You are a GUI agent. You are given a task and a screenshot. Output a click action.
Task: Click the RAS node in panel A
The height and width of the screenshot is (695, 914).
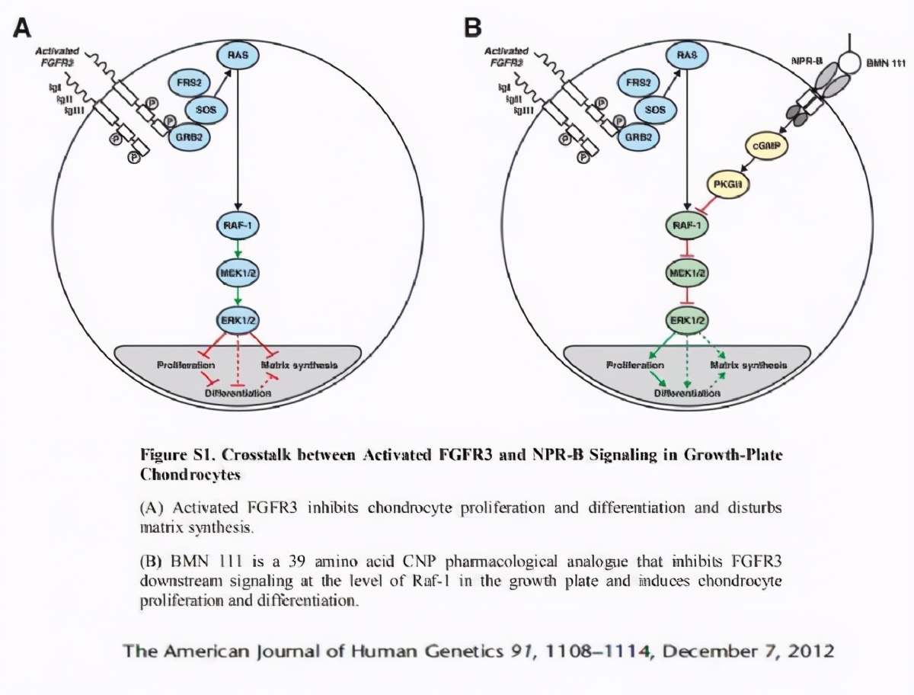pos(239,55)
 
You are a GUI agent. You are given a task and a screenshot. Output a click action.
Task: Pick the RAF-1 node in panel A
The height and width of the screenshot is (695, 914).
pos(238,226)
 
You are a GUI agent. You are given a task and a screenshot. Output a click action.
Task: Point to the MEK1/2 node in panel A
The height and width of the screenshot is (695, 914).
pos(238,274)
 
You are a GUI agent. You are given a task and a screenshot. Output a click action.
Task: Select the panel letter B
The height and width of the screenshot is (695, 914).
pos(472,28)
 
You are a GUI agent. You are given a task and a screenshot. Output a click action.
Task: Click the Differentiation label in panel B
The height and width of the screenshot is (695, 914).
pos(687,394)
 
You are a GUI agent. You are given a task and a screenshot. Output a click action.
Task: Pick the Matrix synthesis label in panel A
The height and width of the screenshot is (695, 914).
pos(299,365)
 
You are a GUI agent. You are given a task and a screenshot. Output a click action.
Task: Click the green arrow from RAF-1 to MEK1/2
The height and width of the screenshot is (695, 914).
pos(238,250)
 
